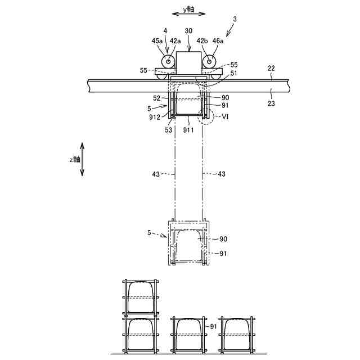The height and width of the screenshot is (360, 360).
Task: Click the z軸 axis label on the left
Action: [74, 159]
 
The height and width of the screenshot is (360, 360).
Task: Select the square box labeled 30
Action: [188, 62]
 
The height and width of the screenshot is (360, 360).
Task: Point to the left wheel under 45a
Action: [168, 61]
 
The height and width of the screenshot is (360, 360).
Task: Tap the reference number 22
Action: [271, 68]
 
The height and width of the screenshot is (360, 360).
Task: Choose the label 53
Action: [168, 130]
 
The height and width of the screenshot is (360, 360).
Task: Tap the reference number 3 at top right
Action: [236, 20]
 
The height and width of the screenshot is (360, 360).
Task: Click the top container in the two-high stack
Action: [142, 297]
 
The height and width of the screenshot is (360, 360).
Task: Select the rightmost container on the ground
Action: [236, 335]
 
